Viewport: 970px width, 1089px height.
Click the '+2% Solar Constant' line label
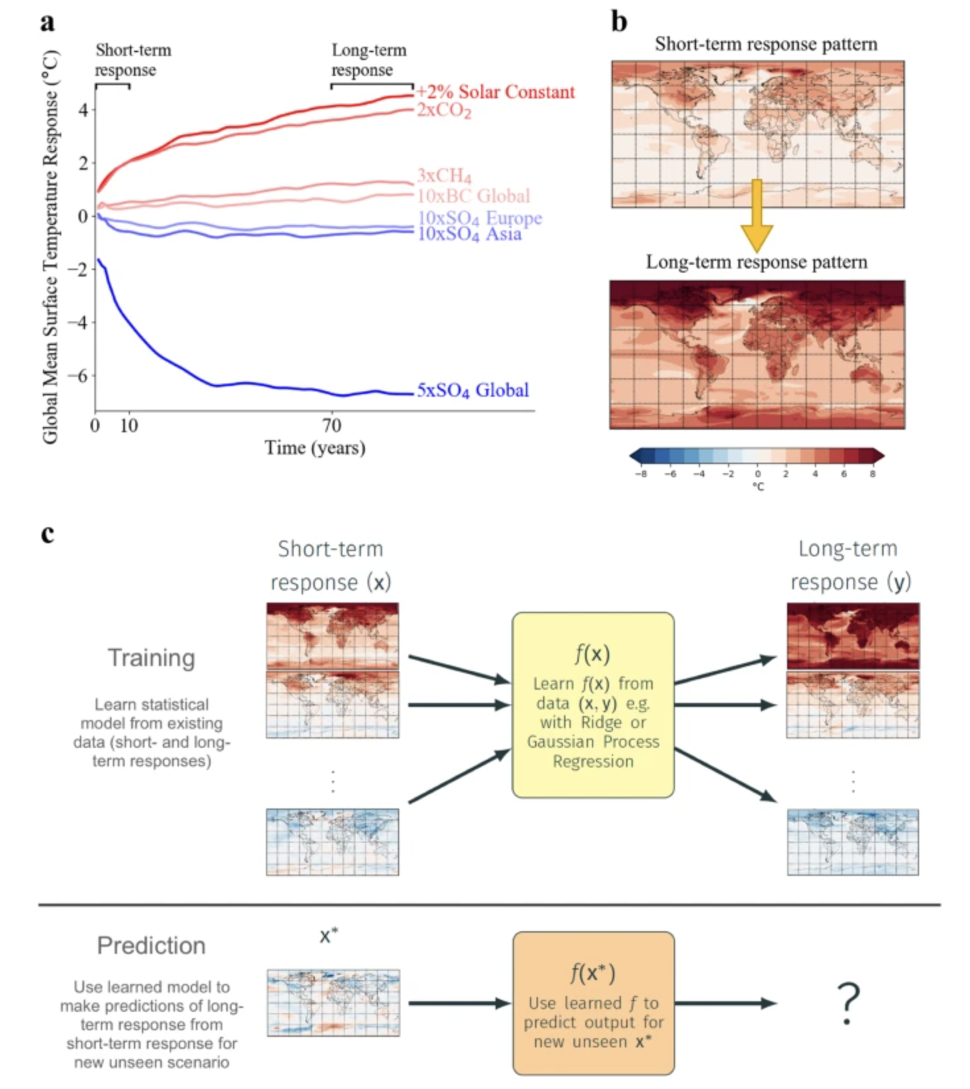point(496,92)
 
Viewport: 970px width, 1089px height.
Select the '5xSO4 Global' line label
point(472,390)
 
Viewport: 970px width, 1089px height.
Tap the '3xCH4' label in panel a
point(444,176)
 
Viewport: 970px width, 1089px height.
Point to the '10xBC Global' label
point(473,196)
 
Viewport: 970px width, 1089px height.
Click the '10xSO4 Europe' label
point(480,218)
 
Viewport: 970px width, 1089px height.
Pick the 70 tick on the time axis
point(332,426)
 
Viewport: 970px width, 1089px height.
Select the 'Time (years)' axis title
point(315,448)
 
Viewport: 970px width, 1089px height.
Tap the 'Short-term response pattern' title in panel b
point(766,44)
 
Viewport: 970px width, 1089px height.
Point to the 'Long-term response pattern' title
point(756,262)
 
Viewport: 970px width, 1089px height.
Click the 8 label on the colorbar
point(872,474)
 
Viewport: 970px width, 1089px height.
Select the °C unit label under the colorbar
point(758,487)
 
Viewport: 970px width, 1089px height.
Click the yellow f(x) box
point(593,705)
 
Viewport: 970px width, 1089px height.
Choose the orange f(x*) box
point(593,1003)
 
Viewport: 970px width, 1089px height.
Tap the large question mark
point(848,1003)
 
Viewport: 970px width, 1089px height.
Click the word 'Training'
point(152,658)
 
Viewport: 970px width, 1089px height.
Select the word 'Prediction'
point(151,946)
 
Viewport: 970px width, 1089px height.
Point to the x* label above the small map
point(329,936)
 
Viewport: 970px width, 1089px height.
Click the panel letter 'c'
point(48,533)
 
